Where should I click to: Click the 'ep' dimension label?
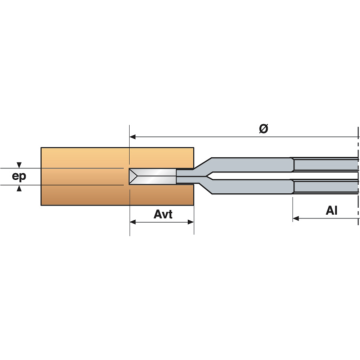point(19,176)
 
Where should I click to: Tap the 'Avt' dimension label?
point(163,214)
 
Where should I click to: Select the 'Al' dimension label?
point(331,210)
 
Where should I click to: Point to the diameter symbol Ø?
point(263,128)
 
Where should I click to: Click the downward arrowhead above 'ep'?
point(19,165)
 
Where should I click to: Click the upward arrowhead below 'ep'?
point(19,188)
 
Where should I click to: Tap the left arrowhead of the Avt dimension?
point(132,222)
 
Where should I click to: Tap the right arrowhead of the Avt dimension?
point(191,222)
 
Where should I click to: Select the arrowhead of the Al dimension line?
point(295,218)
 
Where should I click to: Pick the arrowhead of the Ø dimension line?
point(132,137)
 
